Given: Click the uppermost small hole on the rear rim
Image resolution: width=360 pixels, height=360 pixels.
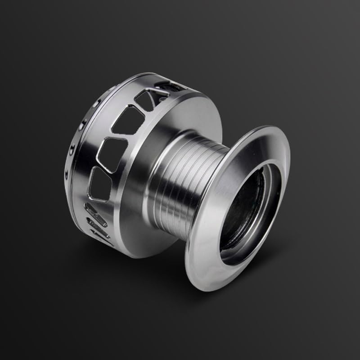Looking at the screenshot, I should (96, 103).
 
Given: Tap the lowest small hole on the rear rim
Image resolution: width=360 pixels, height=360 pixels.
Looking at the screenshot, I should (68, 171).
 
